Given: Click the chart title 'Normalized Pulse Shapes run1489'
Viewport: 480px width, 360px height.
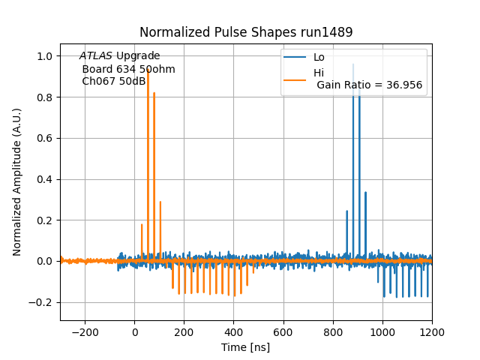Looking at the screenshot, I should pyautogui.click(x=246, y=32).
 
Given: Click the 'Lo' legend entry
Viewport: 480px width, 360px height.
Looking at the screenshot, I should pyautogui.click(x=319, y=57).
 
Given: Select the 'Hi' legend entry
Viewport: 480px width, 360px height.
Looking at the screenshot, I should pyautogui.click(x=319, y=73).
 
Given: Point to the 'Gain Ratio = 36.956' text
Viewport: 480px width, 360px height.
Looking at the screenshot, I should pyautogui.click(x=369, y=85).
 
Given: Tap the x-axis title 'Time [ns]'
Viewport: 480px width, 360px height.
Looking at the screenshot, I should pyautogui.click(x=245, y=347).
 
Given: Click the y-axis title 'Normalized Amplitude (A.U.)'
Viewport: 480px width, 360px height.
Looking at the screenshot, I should pyautogui.click(x=17, y=182).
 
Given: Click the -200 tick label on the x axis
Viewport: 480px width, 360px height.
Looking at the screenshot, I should pyautogui.click(x=85, y=331).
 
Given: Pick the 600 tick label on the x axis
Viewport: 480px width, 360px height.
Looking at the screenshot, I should pyautogui.click(x=283, y=331).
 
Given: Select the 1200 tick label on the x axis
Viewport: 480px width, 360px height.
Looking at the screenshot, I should pyautogui.click(x=432, y=331).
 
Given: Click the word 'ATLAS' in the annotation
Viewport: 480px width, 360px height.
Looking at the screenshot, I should pyautogui.click(x=96, y=56).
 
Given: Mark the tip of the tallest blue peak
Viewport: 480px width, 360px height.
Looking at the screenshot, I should pyautogui.click(x=353, y=64).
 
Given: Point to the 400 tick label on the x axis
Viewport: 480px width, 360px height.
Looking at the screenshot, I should pyautogui.click(x=234, y=331).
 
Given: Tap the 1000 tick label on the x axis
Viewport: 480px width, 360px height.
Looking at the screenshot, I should pyautogui.click(x=382, y=331).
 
